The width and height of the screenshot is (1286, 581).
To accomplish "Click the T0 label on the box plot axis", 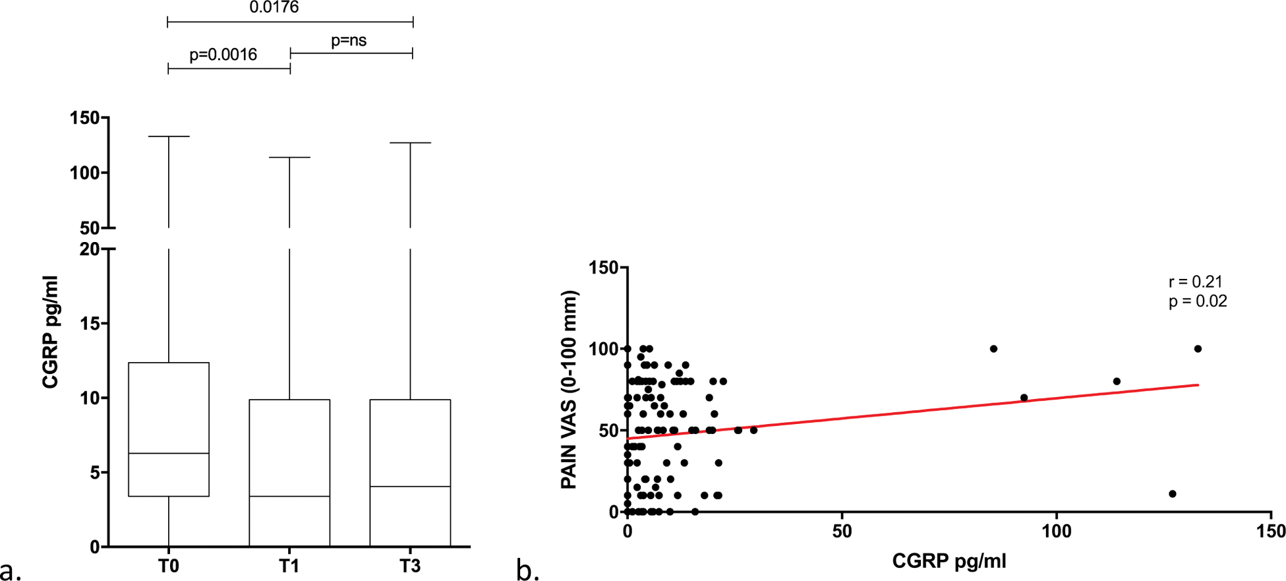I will tap(169, 566).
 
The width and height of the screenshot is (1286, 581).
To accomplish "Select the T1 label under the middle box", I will tap(289, 566).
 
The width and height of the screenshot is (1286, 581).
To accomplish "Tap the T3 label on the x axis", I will tap(410, 566).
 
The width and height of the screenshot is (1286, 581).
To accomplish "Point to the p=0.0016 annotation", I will tap(223, 55).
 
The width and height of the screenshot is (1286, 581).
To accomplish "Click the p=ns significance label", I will tap(349, 40).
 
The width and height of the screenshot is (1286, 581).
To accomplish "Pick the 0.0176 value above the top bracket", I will tap(274, 8).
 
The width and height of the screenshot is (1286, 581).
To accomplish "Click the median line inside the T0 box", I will tap(169, 453).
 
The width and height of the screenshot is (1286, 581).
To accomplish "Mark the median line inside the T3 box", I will tap(410, 487).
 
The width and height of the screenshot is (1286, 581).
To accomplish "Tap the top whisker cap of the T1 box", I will tap(289, 158).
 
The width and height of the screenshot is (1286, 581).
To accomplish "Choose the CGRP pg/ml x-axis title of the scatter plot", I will tap(949, 561).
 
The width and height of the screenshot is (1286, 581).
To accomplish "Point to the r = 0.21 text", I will tap(1196, 282).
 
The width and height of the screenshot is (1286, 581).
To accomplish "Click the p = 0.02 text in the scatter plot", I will tap(1198, 301).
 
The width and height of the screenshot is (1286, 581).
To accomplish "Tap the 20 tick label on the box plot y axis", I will tap(89, 249).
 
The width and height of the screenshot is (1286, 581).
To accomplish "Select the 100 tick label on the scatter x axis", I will tap(1057, 532).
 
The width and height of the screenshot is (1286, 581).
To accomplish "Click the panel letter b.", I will tap(527, 570).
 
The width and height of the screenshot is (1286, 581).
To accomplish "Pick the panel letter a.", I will tap(11, 570).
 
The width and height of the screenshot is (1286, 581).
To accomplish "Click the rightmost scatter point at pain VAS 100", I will tap(1198, 349).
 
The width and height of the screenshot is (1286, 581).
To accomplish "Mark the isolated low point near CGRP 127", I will tap(1173, 494).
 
